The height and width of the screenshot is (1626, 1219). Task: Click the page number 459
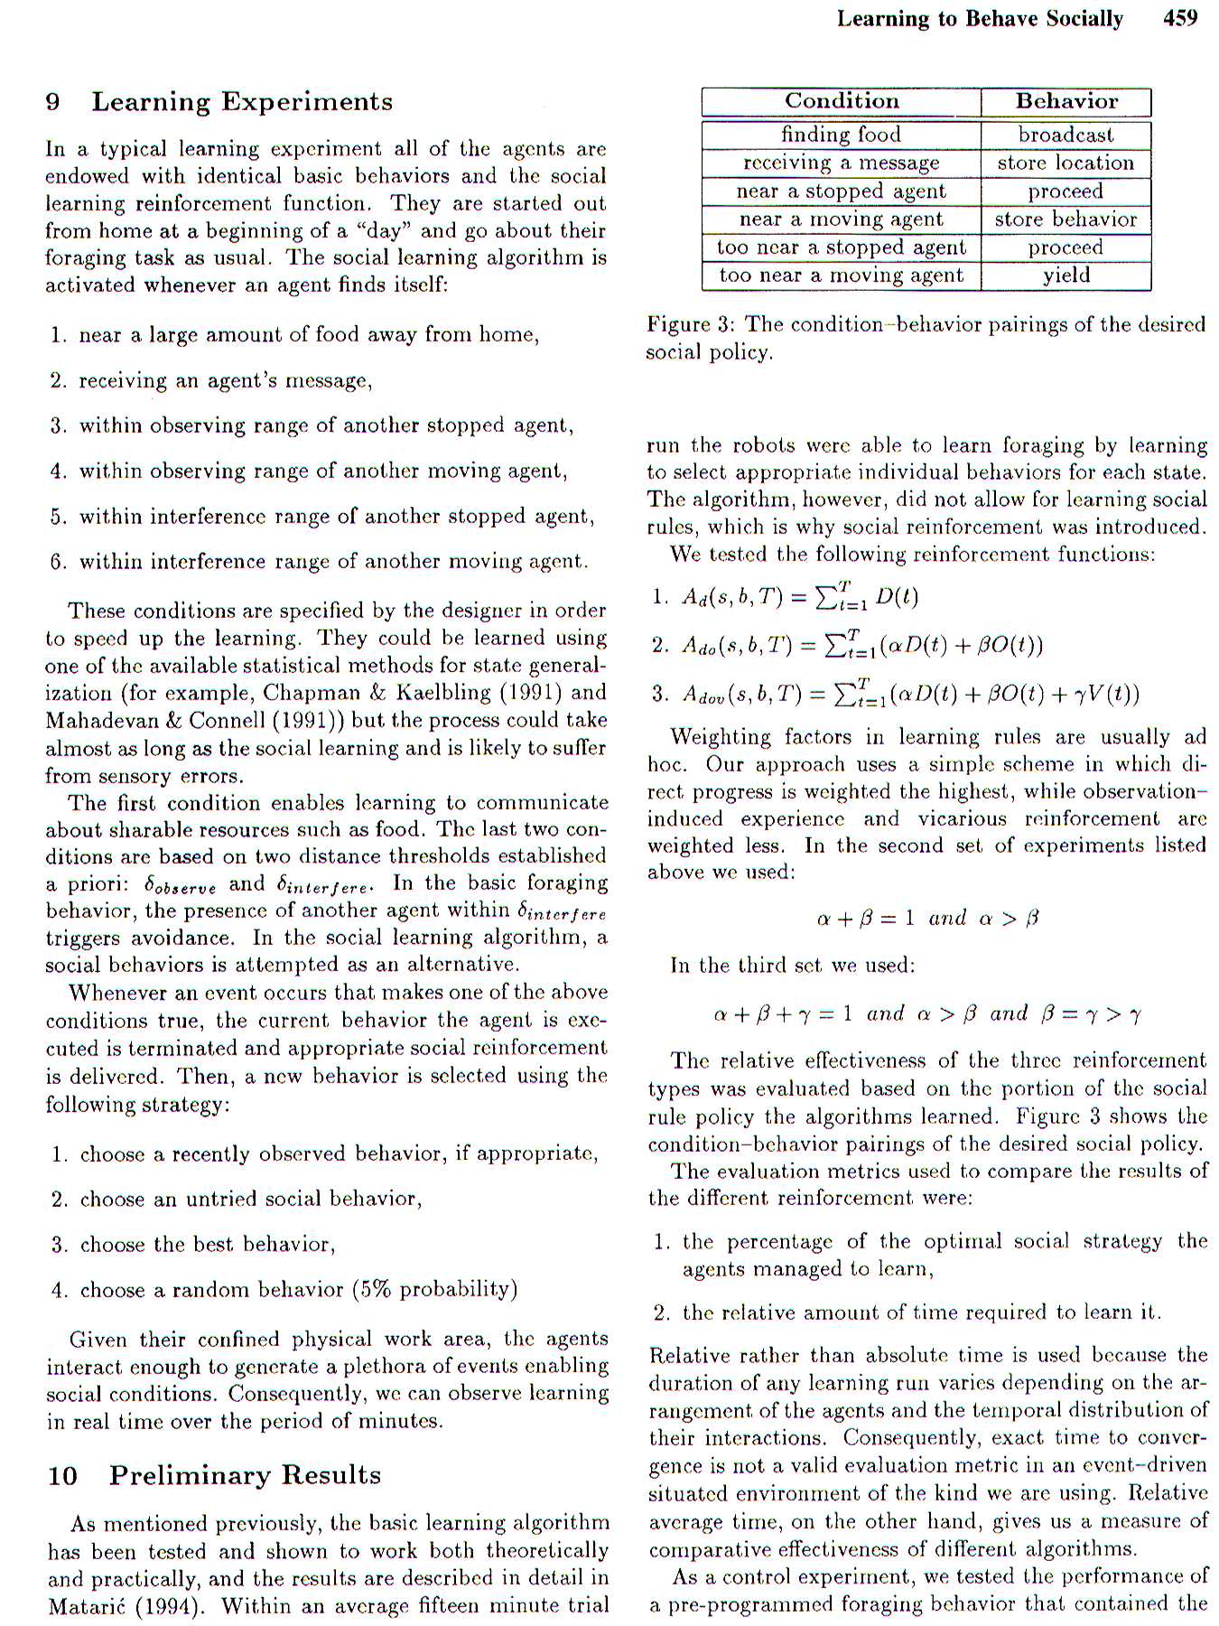point(1180,18)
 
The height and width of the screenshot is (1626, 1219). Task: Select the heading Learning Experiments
point(242,101)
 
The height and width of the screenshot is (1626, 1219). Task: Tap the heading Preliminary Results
point(245,1475)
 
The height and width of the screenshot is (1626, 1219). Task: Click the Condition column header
point(842,101)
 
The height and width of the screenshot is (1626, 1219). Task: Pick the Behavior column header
point(1066,101)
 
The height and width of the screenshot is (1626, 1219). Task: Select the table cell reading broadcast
point(1066,135)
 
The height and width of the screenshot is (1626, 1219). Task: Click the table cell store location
point(1066,163)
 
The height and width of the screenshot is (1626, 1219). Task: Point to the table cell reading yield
point(1066,275)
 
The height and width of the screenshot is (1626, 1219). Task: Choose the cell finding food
point(842,135)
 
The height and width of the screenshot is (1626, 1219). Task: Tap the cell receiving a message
point(842,163)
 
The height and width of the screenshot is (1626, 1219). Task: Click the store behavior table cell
point(1066,219)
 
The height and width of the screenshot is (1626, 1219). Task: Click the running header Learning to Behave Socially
point(980,18)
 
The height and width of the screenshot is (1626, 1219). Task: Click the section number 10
point(63,1475)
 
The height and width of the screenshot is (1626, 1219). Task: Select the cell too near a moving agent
point(842,275)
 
